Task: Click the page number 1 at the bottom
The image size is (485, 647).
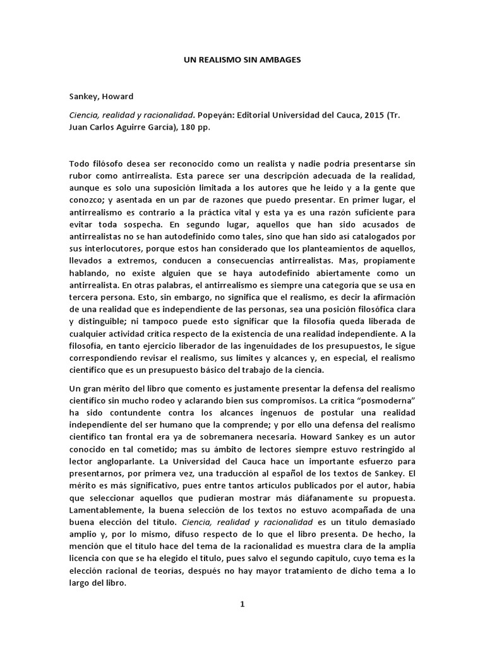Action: (x=242, y=604)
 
